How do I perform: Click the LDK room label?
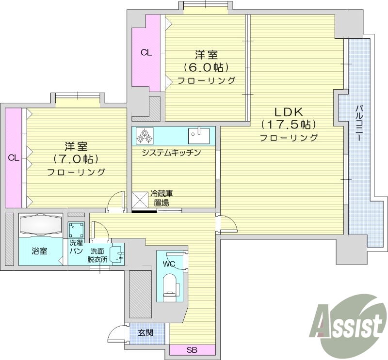(288, 110)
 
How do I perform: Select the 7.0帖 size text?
(76, 159)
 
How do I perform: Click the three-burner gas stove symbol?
(145, 135)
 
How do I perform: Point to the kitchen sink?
(199, 136)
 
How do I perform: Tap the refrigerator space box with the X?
(140, 199)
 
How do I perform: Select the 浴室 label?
(40, 252)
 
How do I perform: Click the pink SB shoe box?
(192, 350)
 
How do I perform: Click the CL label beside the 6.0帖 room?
(146, 53)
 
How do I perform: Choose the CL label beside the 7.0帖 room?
(14, 157)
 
